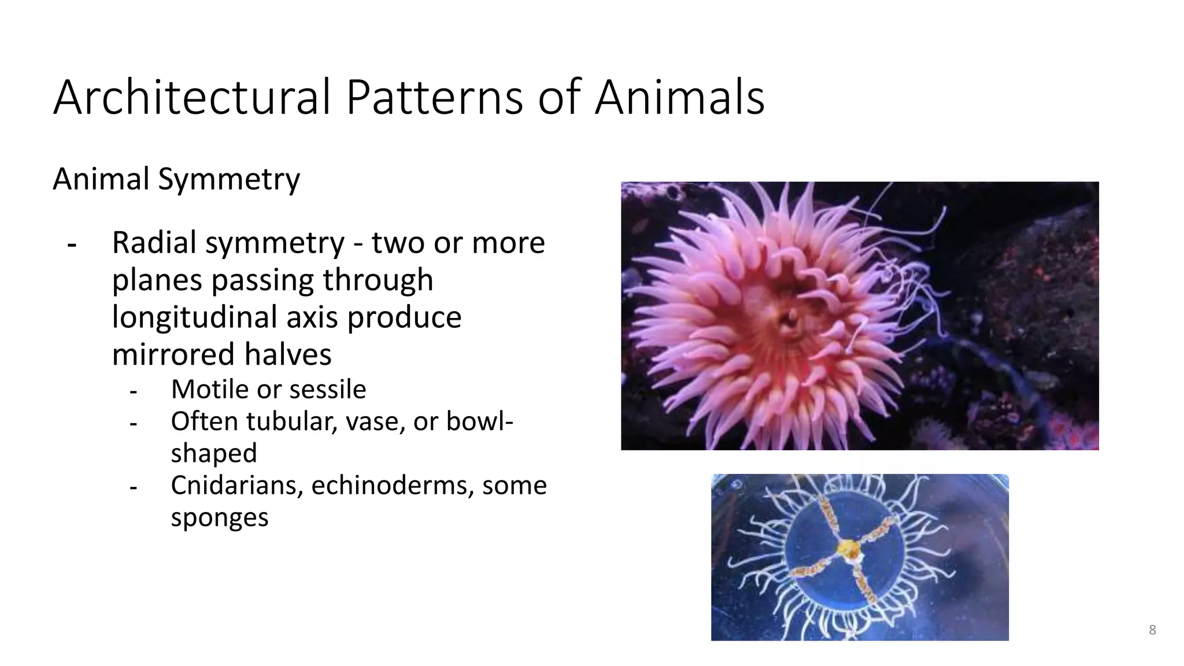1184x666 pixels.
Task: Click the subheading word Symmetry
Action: coord(229,179)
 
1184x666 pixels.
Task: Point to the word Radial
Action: coord(154,242)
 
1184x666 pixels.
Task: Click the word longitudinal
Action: coord(223,317)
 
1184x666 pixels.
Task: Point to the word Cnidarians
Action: coord(237,485)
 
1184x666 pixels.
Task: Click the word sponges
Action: coord(219,517)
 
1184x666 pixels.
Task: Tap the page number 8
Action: coord(1152,630)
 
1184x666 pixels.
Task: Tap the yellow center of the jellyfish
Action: coord(848,547)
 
